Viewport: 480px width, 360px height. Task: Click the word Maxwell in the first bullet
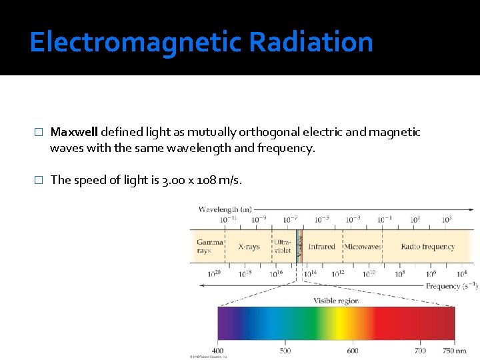[75, 132]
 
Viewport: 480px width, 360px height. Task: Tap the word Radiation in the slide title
[311, 42]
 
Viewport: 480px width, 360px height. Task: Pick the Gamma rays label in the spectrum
[210, 247]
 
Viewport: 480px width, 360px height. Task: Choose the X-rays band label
[249, 247]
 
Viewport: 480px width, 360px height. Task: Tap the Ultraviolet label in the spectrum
[283, 246]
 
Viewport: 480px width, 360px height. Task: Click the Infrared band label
[322, 247]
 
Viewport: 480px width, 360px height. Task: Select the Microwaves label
[362, 247]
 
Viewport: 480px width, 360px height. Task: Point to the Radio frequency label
[427, 247]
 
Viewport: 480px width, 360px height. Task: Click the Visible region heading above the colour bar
[336, 301]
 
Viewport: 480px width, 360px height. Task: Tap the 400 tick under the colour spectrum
[218, 351]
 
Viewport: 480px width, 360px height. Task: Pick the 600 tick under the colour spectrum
[353, 351]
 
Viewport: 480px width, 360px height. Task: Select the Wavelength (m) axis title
[225, 209]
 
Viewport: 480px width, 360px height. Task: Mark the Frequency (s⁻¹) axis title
[452, 286]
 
